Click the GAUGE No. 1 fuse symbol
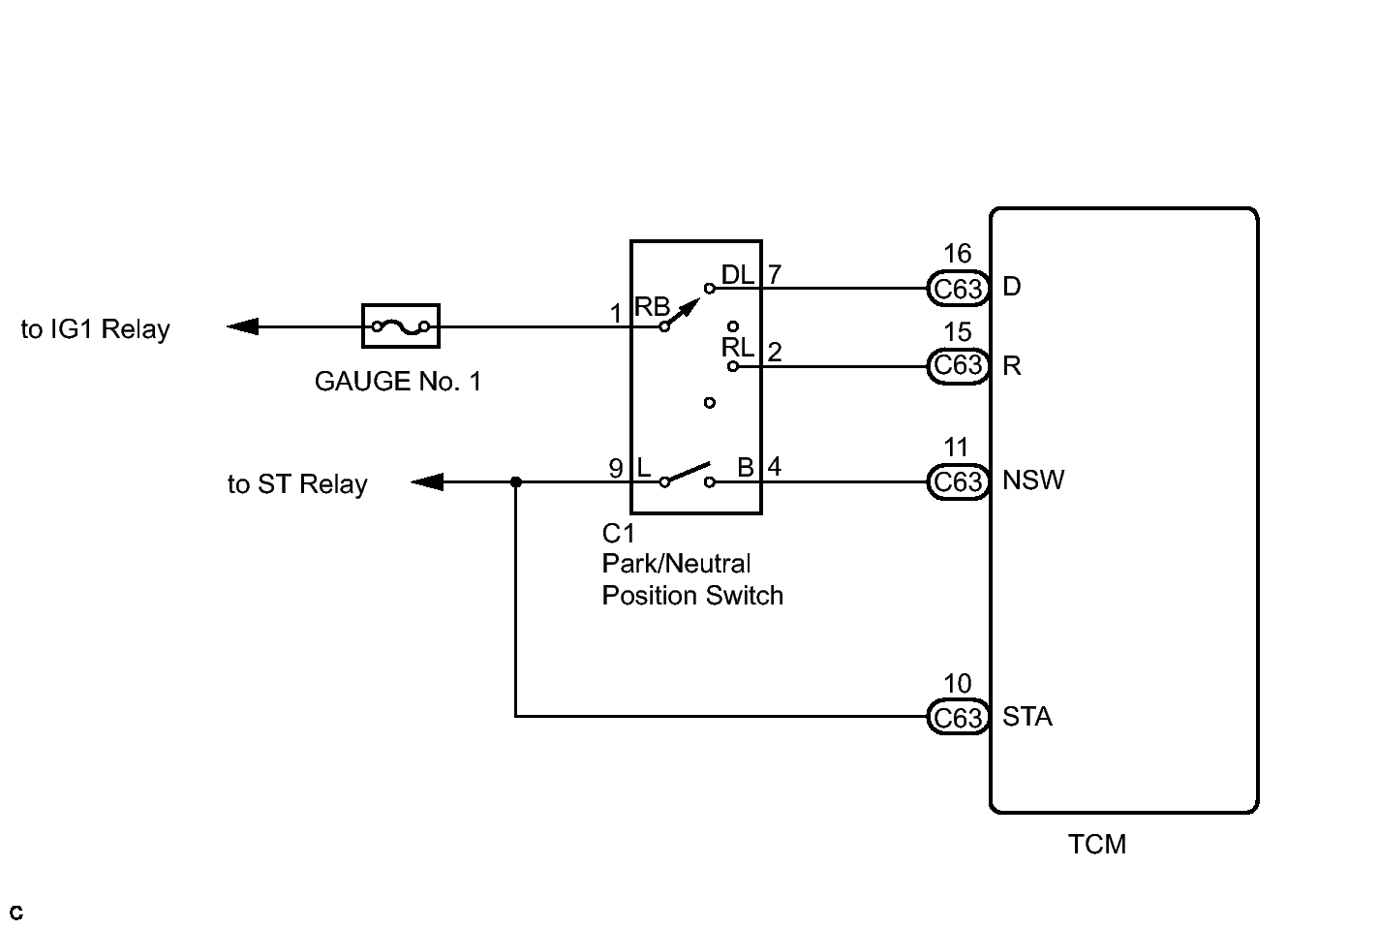(x=401, y=326)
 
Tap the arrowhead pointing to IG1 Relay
(x=242, y=326)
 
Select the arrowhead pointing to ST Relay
(x=427, y=482)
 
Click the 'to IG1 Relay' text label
(x=96, y=329)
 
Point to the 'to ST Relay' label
(x=297, y=484)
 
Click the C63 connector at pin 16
(x=958, y=288)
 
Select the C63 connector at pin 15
(x=958, y=366)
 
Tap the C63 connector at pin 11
(x=958, y=482)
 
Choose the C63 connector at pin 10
(x=958, y=717)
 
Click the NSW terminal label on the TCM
(x=1033, y=480)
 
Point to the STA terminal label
(x=1027, y=717)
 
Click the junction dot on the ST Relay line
(x=516, y=482)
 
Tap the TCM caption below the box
(x=1097, y=844)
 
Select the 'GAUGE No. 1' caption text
(x=398, y=382)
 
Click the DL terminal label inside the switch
(x=738, y=274)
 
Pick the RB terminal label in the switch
(x=652, y=306)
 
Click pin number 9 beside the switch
(x=616, y=469)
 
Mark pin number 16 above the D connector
(x=958, y=254)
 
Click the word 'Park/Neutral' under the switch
(x=676, y=564)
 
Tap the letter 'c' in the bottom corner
(x=16, y=913)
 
